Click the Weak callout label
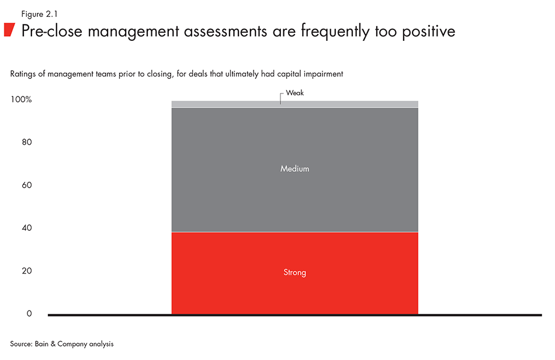click(x=295, y=93)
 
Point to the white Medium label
click(x=294, y=169)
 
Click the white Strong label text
click(x=294, y=272)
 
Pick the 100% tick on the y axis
click(x=21, y=100)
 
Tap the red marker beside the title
click(x=9, y=30)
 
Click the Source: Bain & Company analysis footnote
click(x=61, y=344)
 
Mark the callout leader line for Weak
click(x=281, y=98)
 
